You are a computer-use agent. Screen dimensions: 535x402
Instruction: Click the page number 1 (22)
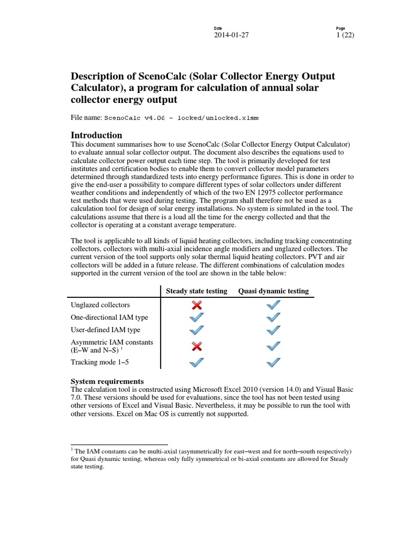point(345,36)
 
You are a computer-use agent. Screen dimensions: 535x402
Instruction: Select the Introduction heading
point(96,135)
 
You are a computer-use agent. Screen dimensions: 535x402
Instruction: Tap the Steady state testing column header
point(196,291)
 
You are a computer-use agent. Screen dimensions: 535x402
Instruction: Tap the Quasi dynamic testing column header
point(273,291)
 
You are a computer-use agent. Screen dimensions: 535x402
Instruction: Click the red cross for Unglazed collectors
point(196,305)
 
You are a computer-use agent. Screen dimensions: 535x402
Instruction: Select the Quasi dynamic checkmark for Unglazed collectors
point(273,305)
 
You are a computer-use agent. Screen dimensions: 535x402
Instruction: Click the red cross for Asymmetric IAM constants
point(196,346)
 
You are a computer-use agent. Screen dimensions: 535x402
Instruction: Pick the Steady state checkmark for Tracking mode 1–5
point(196,362)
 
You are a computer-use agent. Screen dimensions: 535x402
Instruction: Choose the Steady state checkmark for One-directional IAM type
point(196,317)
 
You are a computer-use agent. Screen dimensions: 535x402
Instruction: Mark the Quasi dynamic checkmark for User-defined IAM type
point(273,330)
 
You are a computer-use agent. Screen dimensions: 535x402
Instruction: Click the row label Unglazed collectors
point(100,305)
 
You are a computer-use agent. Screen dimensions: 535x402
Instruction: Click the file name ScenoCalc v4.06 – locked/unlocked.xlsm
point(182,119)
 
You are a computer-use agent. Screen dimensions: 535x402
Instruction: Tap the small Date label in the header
point(218,28)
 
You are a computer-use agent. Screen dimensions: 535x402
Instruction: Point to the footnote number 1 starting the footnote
point(72,449)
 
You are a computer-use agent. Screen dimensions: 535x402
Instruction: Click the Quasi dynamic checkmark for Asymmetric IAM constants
point(273,346)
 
